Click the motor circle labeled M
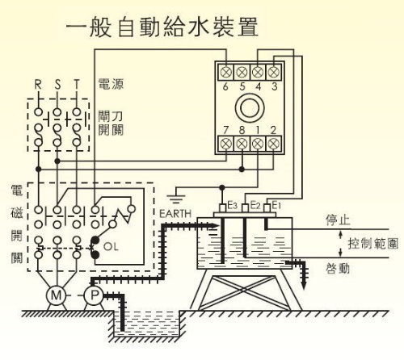(56, 295)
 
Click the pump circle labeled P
(94, 295)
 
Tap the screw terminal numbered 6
(225, 72)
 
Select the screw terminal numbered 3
(274, 72)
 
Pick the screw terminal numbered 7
(225, 144)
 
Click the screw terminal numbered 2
(274, 144)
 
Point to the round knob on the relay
(250, 108)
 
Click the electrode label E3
(233, 206)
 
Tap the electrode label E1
(276, 206)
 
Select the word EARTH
(175, 214)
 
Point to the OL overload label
(111, 246)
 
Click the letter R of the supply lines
(38, 85)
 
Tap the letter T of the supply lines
(77, 85)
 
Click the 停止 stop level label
(338, 220)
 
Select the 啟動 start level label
(338, 268)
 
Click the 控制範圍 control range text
(372, 244)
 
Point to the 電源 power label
(111, 84)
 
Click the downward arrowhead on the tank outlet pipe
(304, 285)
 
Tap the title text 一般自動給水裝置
(162, 27)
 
